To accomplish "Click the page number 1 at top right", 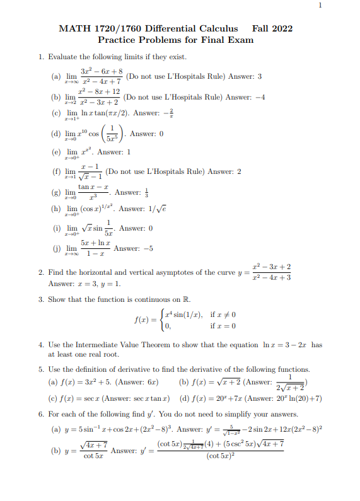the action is (x=320, y=6).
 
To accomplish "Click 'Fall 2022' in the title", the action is (x=272, y=28).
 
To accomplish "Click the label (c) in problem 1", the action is (x=54, y=114).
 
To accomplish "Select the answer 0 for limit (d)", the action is (x=161, y=134).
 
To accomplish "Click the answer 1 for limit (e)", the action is (x=129, y=152).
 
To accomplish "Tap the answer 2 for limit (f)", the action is (x=239, y=171).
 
